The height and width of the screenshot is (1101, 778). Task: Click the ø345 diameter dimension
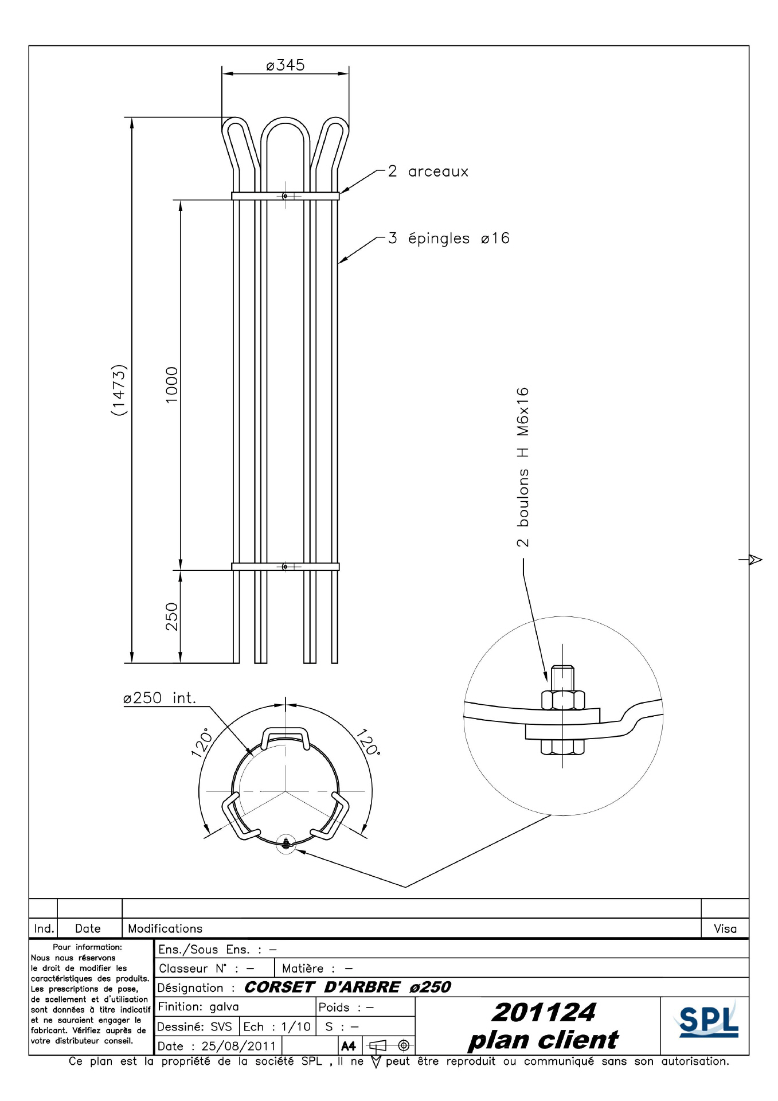point(285,65)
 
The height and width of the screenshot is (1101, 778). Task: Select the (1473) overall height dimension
point(119,390)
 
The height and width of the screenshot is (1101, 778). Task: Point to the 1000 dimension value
point(172,385)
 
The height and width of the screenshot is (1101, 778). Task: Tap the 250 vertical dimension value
point(172,616)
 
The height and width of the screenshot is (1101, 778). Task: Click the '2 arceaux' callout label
point(428,171)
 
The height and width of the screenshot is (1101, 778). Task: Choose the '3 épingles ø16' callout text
point(448,239)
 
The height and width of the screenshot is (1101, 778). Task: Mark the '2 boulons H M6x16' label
point(523,467)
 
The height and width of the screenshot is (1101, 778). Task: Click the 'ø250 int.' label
point(159,698)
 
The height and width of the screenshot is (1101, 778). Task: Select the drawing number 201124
point(544,1013)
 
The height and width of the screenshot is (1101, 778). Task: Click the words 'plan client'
point(543,1040)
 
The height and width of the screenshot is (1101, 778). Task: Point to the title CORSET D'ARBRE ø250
point(347,987)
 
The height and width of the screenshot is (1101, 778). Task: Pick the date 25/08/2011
point(239,1046)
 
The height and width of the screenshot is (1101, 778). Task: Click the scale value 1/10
point(296,1026)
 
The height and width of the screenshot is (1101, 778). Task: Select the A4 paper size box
point(349,1046)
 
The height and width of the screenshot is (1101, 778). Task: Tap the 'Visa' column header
point(725,928)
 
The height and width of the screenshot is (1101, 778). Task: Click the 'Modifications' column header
point(165,928)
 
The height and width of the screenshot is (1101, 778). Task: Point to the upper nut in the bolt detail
point(563,700)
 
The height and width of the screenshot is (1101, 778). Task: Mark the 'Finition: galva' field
point(198,1006)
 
